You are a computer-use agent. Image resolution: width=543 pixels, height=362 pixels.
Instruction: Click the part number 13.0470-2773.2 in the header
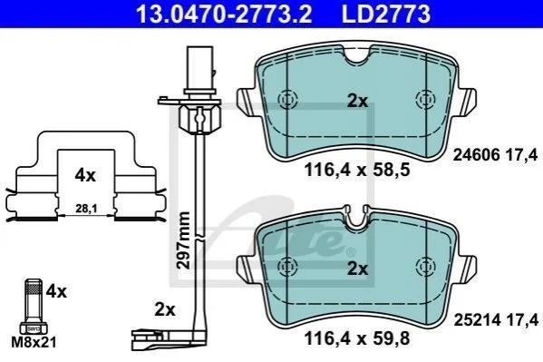click(x=224, y=15)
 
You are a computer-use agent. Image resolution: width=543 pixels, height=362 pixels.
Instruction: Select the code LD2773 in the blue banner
click(x=386, y=15)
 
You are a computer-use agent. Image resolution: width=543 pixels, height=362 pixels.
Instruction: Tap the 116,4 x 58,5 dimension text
click(x=357, y=170)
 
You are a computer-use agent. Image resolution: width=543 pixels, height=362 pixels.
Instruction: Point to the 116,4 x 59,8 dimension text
click(x=357, y=338)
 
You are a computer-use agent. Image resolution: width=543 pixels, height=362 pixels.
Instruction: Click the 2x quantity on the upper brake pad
click(x=357, y=102)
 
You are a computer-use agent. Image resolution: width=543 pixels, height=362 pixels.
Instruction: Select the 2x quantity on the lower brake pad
click(x=357, y=269)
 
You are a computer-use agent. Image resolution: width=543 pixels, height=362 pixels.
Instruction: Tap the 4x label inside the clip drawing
click(x=85, y=176)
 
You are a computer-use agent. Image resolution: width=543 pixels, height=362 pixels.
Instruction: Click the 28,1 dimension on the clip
click(x=86, y=209)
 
